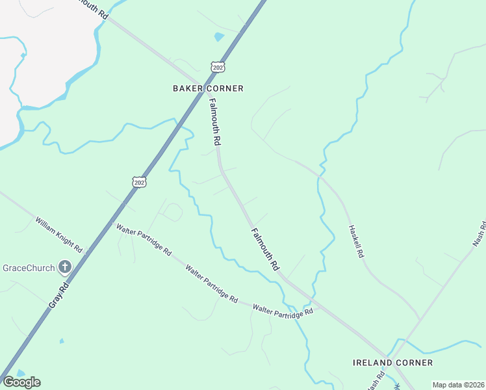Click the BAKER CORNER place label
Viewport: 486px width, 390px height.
pos(208,88)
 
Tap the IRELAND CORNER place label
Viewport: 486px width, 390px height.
pos(392,362)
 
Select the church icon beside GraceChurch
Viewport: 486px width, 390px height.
pos(64,266)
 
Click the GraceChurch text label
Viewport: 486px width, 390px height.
pos(30,268)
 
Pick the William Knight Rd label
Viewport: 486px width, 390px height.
pos(59,235)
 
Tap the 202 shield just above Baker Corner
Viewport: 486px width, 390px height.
pos(218,67)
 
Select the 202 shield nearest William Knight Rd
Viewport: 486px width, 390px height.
pos(139,183)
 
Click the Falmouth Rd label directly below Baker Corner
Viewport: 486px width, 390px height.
pos(215,122)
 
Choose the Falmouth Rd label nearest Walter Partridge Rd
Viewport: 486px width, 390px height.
pos(265,248)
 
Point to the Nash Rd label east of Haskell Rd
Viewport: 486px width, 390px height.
pos(480,235)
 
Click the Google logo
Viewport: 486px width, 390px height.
pos(21,382)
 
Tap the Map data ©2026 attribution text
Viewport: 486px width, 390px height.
pos(459,385)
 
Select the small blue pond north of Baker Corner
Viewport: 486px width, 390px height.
pos(219,37)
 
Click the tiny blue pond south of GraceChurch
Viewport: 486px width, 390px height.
pos(61,341)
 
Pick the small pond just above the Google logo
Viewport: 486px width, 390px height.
pos(20,372)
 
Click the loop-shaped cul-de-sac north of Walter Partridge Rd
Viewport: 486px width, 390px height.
pos(172,212)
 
